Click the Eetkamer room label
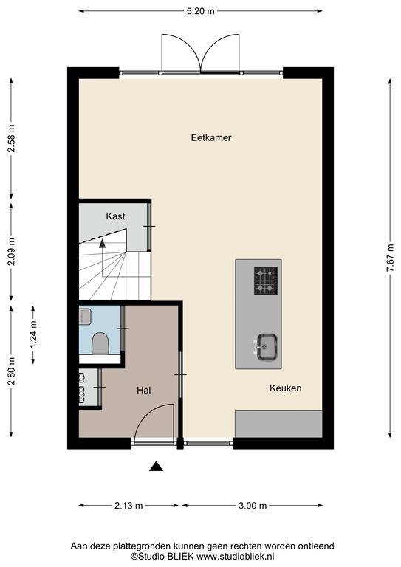click(211, 138)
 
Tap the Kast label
click(115, 216)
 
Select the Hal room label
click(143, 390)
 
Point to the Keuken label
click(285, 388)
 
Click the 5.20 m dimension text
click(200, 11)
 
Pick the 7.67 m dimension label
click(390, 258)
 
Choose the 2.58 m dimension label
click(12, 139)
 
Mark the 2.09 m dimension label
click(12, 252)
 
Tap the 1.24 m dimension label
click(34, 334)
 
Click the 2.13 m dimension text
click(128, 506)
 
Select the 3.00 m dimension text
click(253, 506)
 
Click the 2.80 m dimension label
click(12, 371)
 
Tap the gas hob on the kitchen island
click(266, 281)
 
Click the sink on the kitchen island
click(267, 347)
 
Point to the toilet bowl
click(100, 343)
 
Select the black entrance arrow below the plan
click(157, 467)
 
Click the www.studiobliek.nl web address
click(235, 556)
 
